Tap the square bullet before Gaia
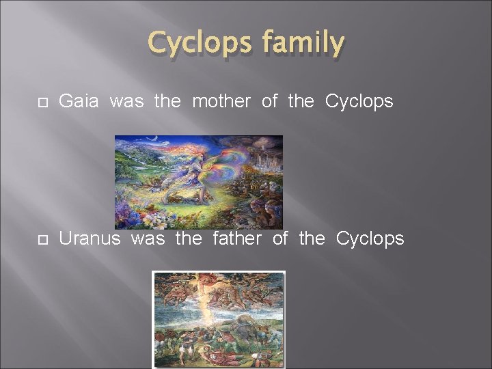[40, 102]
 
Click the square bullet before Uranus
[40, 239]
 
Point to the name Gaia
[80, 102]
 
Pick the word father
[237, 238]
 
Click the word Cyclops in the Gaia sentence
[359, 102]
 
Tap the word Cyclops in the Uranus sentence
[370, 238]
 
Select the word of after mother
[269, 102]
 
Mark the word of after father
[280, 238]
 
